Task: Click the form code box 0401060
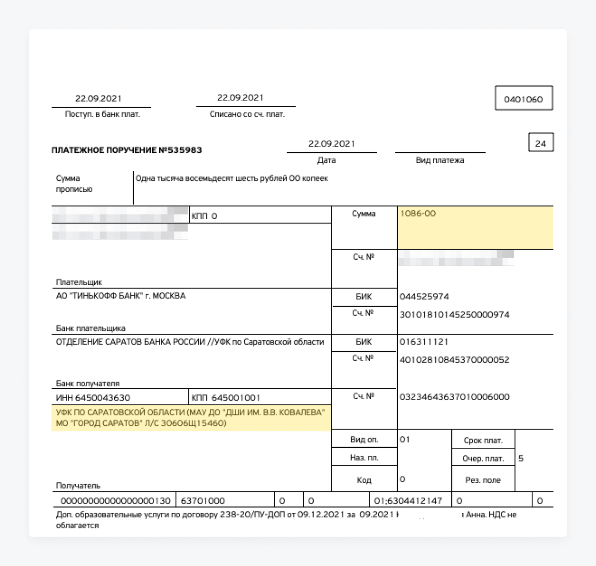tap(523, 99)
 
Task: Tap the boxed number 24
tap(540, 143)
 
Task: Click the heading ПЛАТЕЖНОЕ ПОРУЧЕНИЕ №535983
tap(127, 150)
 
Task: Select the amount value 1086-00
tap(418, 214)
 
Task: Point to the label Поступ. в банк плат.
tap(102, 114)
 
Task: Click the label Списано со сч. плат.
tap(247, 114)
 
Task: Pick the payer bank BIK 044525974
tap(424, 297)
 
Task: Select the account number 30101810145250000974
tap(454, 314)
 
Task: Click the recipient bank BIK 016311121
tap(424, 342)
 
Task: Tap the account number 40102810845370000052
tap(454, 360)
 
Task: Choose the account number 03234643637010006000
tap(454, 397)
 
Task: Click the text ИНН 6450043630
tap(93, 398)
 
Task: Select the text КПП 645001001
tap(226, 398)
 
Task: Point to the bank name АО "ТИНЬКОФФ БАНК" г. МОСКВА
tap(121, 296)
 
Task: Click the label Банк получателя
tap(88, 383)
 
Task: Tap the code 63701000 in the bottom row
tap(203, 501)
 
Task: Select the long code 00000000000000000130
tap(115, 501)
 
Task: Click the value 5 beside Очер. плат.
tap(521, 458)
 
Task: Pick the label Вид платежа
tap(440, 160)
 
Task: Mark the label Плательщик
tap(79, 282)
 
